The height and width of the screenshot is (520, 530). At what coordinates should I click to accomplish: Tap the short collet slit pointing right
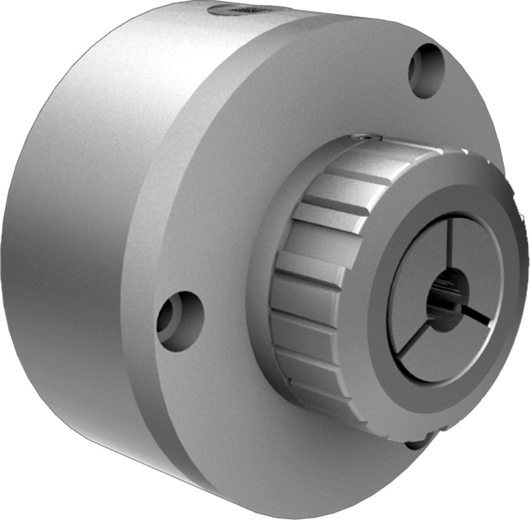pyautogui.click(x=477, y=314)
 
